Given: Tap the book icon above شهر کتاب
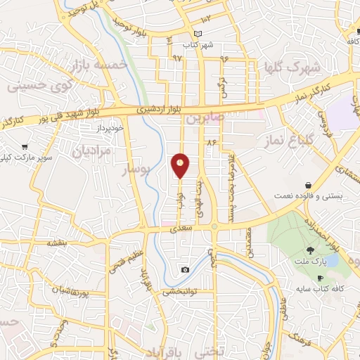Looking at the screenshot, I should coord(198,34).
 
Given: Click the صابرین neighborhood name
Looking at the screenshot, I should coord(205,119).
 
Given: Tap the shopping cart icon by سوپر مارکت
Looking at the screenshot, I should coord(25,148).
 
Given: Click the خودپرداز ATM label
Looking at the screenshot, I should coord(110,128).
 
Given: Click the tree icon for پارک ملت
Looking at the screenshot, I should coord(310,250).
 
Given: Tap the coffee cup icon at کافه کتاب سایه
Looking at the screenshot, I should coord(320,278).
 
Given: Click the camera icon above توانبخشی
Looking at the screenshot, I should coord(185,270).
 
